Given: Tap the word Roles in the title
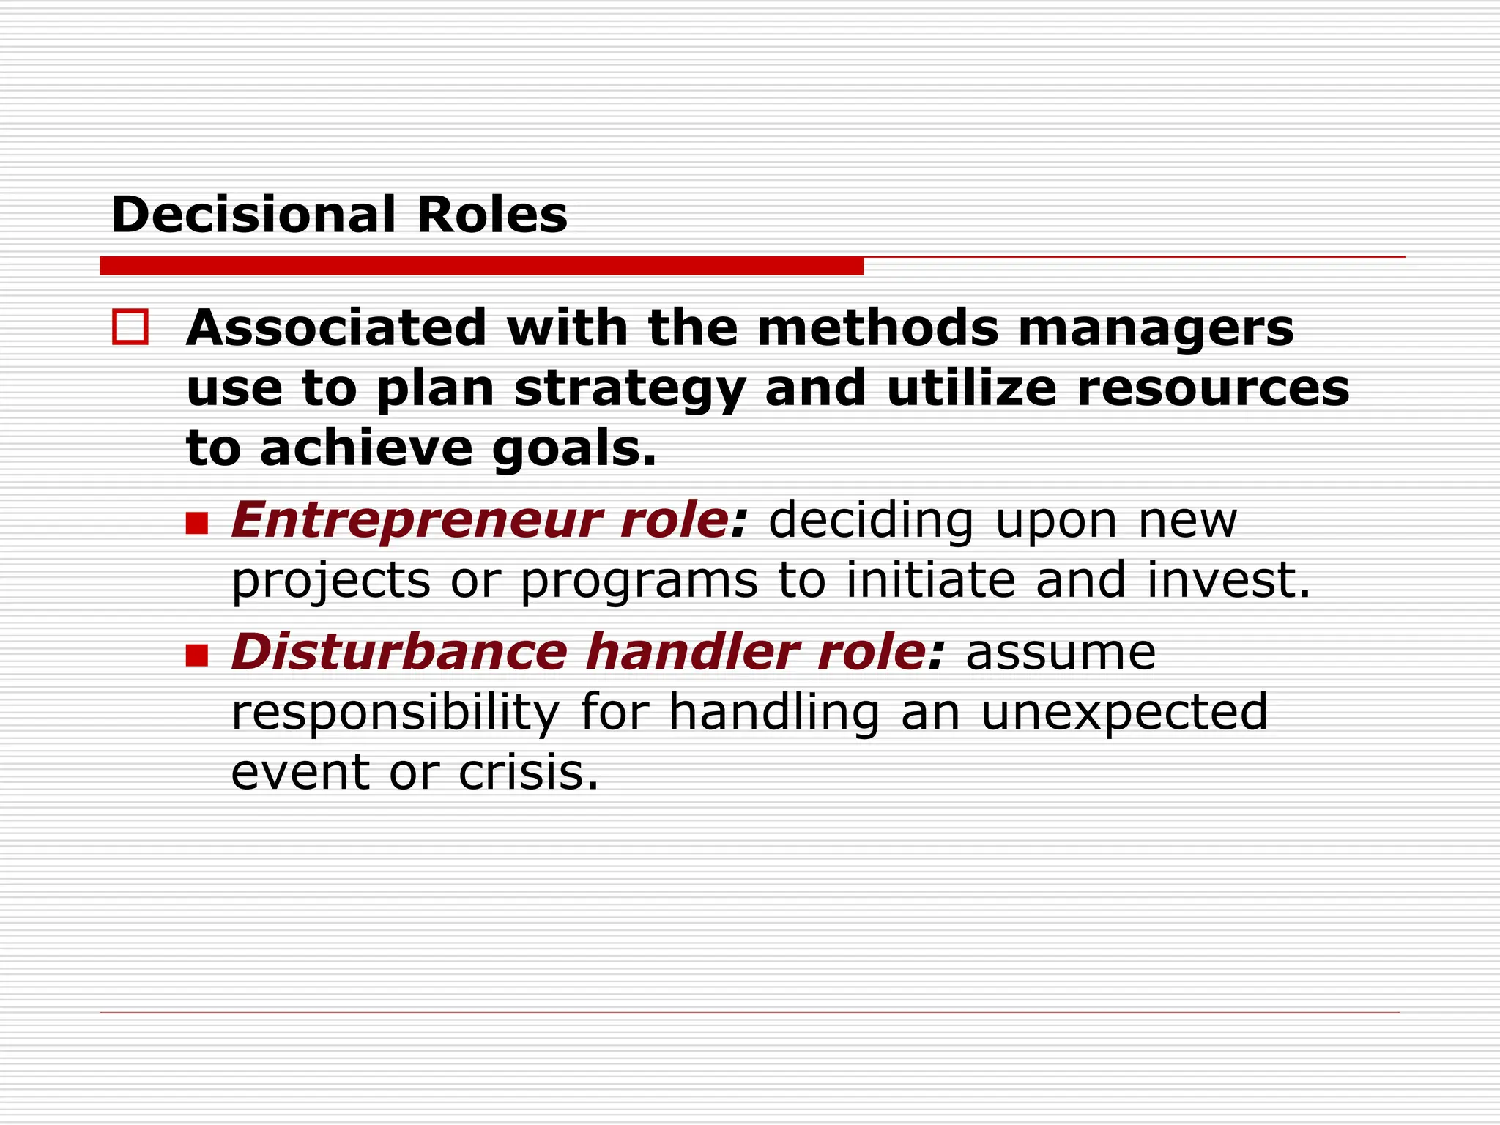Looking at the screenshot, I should pos(491,215).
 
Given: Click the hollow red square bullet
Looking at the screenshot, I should pos(130,327).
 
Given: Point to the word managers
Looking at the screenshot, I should pos(1156,329).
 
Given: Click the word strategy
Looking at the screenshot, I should pos(629,390).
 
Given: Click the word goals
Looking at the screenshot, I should pos(574,449).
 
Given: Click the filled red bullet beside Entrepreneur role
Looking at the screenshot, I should pos(197,523).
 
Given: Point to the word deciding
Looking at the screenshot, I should pos(871,521).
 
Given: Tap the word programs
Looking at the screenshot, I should pos(639,582).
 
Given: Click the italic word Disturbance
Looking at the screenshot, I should pos(400,651).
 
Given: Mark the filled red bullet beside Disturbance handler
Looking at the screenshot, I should pos(197,655).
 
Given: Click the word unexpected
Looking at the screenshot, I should pos(1124,711).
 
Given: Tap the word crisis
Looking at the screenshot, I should pos(528,772).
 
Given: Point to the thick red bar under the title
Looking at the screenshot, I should pos(481,266).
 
